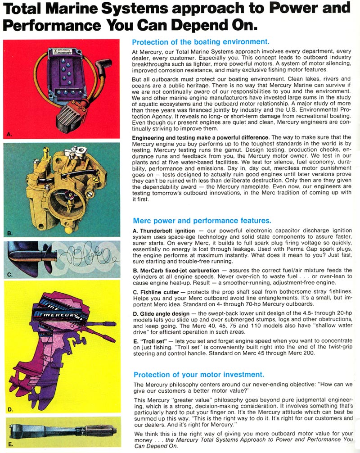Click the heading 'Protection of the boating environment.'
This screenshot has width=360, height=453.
[200, 42]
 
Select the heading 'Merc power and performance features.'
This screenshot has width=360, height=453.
[202, 221]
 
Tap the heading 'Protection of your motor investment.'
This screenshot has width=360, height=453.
[198, 374]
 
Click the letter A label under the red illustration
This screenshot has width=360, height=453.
[9, 134]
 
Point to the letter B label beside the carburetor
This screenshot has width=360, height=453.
[9, 233]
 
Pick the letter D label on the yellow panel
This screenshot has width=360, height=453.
[10, 409]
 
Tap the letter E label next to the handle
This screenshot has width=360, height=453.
[10, 444]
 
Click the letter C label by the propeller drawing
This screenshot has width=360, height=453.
[9, 274]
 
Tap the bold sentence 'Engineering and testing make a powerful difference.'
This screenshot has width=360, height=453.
[201, 137]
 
